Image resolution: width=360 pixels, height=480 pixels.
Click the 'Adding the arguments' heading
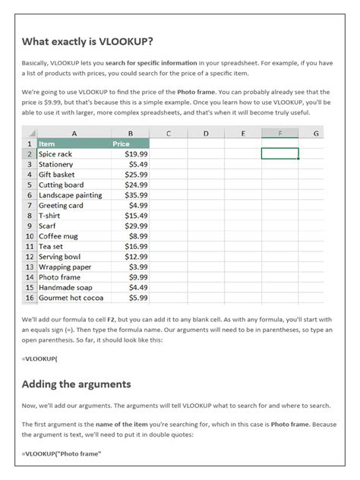tap(77, 384)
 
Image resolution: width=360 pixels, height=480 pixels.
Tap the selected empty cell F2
tap(279, 153)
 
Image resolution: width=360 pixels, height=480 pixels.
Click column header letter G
tap(315, 133)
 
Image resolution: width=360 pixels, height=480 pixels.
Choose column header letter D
tap(206, 133)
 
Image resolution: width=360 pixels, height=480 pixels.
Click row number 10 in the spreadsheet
tap(30, 236)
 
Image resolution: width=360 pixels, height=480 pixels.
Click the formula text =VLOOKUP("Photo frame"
tap(62, 454)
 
